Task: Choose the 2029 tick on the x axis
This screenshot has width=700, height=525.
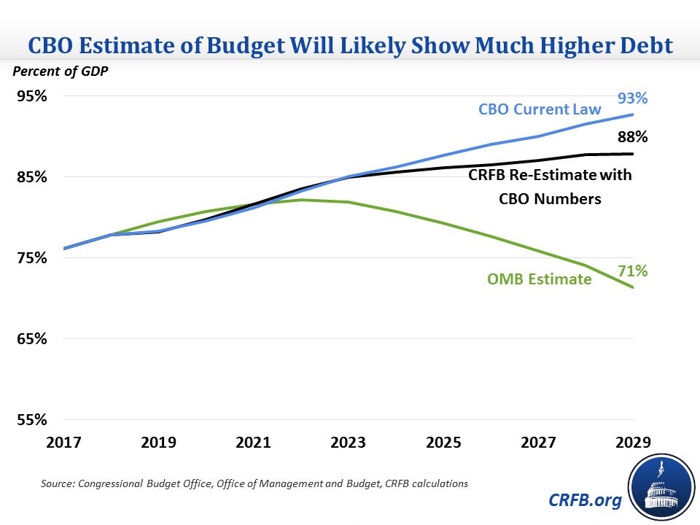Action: click(x=632, y=442)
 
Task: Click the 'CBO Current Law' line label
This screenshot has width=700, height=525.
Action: click(x=540, y=109)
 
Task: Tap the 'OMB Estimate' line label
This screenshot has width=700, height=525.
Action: click(x=539, y=278)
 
